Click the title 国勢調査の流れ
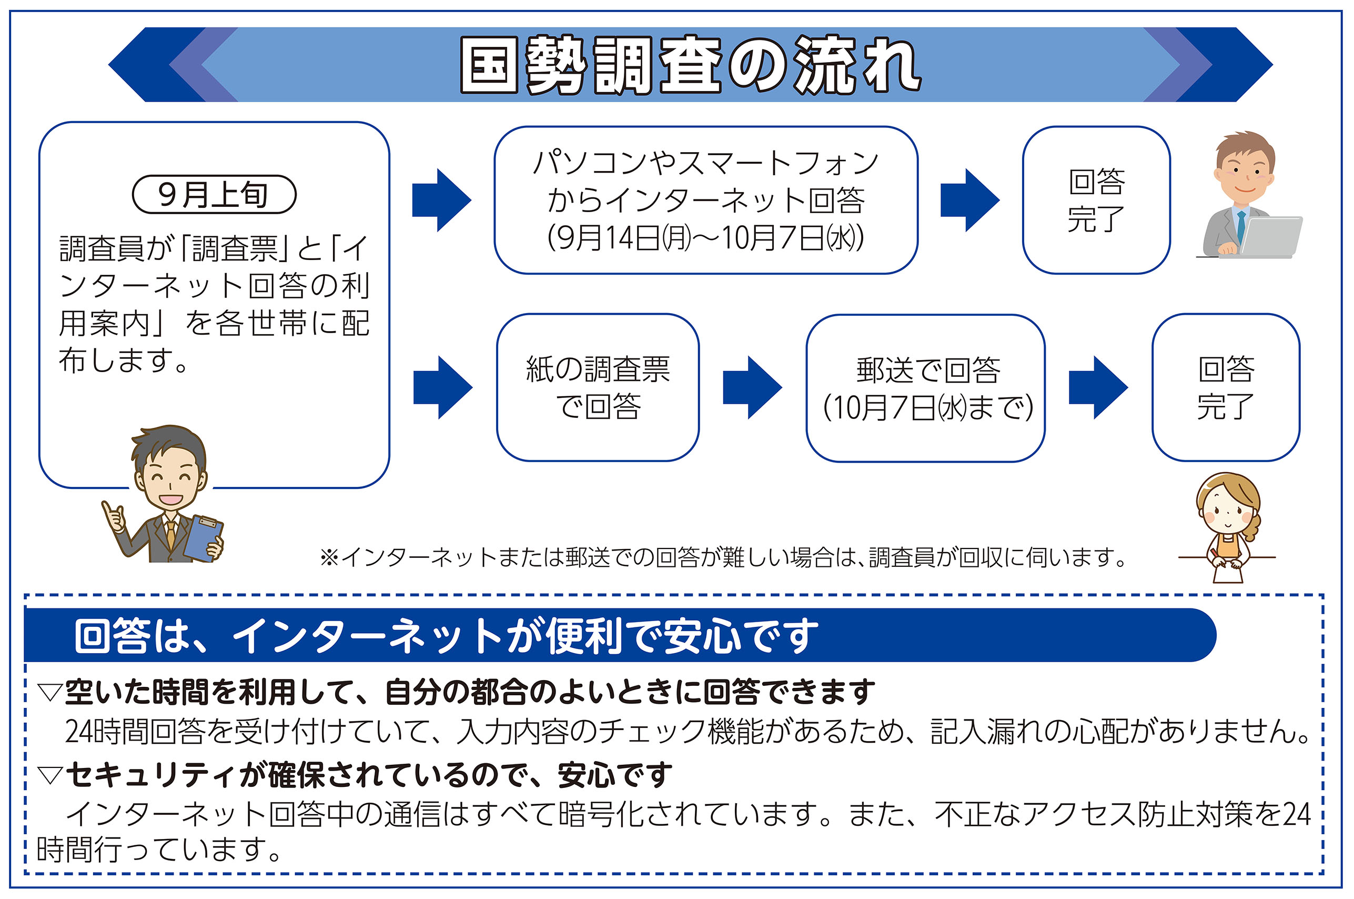[691, 64]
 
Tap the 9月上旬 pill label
[214, 194]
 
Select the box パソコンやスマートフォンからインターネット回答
[705, 200]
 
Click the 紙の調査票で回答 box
[597, 387]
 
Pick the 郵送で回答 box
[925, 388]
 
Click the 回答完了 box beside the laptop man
[1096, 200]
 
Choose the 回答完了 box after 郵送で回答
[1225, 387]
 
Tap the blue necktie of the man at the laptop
[1241, 226]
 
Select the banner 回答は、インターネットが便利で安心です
[447, 635]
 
